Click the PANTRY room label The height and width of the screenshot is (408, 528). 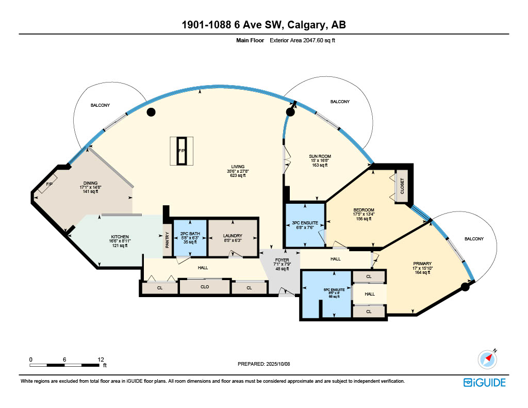[167, 240]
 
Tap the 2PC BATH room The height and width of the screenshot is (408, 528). [190, 238]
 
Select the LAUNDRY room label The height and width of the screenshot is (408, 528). [233, 236]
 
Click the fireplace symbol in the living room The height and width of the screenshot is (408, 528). [181, 151]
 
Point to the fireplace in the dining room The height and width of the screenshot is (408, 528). [47, 184]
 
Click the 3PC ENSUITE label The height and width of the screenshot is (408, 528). [305, 223]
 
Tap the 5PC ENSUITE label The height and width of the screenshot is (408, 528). [334, 290]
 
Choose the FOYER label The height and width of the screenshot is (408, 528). [282, 260]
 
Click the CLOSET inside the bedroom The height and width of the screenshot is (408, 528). [402, 186]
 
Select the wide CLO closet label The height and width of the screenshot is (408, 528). [205, 287]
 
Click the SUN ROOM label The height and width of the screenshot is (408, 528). [320, 156]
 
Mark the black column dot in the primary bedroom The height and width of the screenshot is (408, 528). [465, 287]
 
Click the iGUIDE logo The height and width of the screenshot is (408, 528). [485, 383]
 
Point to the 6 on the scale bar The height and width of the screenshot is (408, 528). [64, 360]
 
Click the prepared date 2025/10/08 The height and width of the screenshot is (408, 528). [278, 364]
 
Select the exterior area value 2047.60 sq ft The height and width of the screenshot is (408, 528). [319, 40]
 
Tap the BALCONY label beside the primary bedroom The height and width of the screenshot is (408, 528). [474, 239]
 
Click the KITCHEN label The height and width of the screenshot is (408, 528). [120, 237]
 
